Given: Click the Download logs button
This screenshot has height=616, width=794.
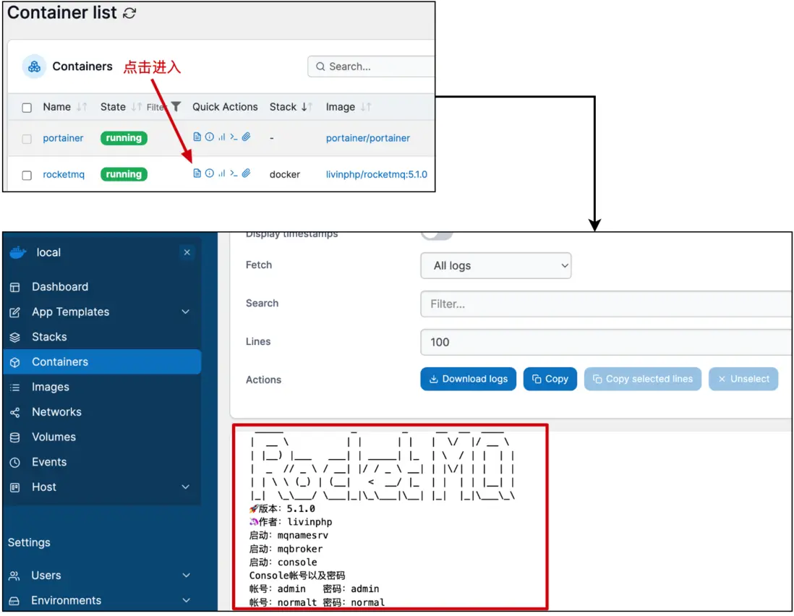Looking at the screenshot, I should (468, 379).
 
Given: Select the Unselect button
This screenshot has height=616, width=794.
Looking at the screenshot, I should (743, 379).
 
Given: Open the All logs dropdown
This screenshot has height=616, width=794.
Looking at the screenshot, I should (495, 265).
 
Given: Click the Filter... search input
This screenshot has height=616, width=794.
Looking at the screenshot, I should (606, 304).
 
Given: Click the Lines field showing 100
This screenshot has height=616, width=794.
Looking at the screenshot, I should (606, 342).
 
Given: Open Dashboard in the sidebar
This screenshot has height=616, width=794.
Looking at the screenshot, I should (60, 287).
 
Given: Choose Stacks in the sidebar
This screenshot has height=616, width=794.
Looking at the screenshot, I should (49, 337).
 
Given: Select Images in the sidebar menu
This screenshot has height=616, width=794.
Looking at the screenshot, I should (51, 387).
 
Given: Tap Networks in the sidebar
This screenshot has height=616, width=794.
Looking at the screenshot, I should (56, 412).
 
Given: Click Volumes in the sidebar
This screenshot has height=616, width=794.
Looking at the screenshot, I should (54, 437).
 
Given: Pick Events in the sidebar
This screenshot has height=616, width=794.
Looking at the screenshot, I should (49, 462).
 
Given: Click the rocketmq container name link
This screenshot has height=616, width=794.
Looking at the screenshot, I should (64, 174).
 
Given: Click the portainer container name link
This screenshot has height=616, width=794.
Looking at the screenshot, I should (63, 138).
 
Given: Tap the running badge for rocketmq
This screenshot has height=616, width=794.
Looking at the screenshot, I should (124, 174).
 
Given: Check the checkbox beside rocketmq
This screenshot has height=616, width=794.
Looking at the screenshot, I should (27, 175).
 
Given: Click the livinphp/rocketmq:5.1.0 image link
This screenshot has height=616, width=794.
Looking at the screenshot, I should (376, 174).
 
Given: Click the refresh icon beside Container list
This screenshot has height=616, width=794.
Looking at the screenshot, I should (129, 13).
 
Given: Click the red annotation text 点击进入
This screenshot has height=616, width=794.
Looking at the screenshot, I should (152, 67).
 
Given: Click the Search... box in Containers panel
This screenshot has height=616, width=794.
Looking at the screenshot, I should (372, 67).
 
